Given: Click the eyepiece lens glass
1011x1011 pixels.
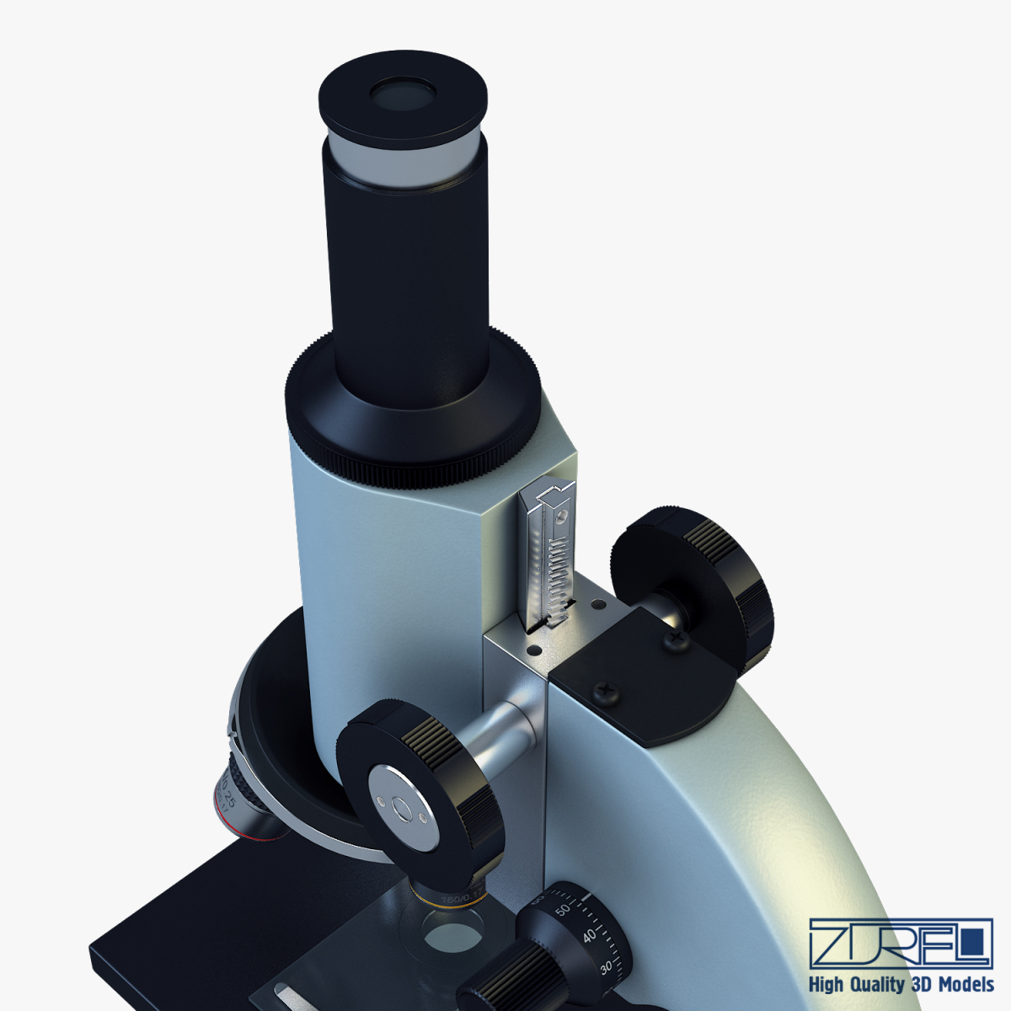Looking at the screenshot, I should (403, 94).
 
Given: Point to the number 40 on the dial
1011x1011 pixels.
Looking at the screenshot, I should (591, 935).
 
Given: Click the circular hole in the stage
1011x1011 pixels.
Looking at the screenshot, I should (452, 935).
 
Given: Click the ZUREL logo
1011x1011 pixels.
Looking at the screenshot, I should (900, 944).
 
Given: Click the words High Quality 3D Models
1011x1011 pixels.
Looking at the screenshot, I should (901, 984).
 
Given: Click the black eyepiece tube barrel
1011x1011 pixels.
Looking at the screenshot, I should (409, 278).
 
